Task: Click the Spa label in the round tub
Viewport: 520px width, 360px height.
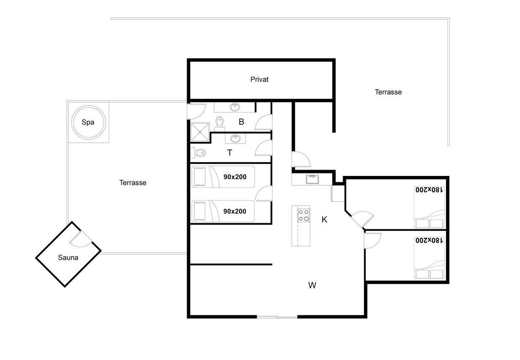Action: pyautogui.click(x=88, y=122)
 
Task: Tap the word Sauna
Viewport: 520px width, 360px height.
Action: pyautogui.click(x=68, y=258)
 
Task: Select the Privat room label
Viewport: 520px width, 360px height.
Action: pyautogui.click(x=259, y=80)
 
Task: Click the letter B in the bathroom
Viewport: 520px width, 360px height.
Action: pyautogui.click(x=241, y=122)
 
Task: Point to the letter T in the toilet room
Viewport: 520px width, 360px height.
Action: pyautogui.click(x=230, y=153)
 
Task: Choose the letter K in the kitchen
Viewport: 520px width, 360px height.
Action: pyautogui.click(x=324, y=219)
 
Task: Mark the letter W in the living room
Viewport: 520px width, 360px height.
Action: pyautogui.click(x=312, y=285)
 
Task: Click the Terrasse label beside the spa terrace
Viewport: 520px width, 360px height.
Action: pyautogui.click(x=133, y=183)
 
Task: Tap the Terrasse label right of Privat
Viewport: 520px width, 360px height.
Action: pyautogui.click(x=388, y=92)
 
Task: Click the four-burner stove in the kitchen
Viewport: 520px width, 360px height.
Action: pyautogui.click(x=304, y=215)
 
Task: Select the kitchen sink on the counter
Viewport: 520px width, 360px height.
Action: pyautogui.click(x=312, y=179)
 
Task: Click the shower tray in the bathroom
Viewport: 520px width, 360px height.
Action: pyautogui.click(x=200, y=132)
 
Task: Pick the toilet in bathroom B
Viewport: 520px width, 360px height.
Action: pyautogui.click(x=220, y=124)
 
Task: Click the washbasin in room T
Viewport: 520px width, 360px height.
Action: pyautogui.click(x=236, y=139)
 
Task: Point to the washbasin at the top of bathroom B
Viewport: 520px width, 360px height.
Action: pyautogui.click(x=235, y=107)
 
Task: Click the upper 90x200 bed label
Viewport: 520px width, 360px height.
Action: pyautogui.click(x=235, y=177)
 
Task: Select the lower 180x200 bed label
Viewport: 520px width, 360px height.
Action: pyautogui.click(x=429, y=240)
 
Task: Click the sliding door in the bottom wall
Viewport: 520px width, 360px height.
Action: pyautogui.click(x=277, y=317)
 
